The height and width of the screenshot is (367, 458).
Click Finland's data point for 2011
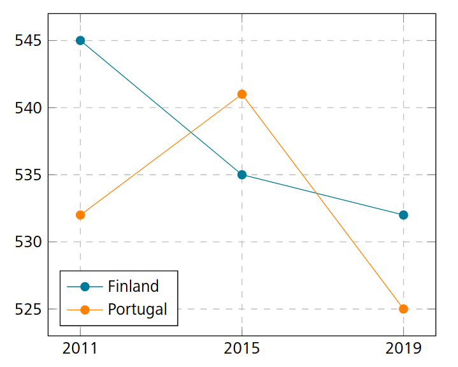[x=80, y=40]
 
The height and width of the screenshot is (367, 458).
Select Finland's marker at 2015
[x=242, y=175]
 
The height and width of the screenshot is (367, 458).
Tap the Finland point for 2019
[x=403, y=215]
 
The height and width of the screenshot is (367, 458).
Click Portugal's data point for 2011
[x=80, y=215]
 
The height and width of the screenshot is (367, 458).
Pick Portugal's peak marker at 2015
[x=242, y=94]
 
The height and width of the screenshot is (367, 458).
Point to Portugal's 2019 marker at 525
[x=403, y=309]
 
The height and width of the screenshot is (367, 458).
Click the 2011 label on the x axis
[x=80, y=348]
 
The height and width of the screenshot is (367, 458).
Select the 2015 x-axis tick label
[x=242, y=348]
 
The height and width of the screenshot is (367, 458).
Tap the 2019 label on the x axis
[x=403, y=348]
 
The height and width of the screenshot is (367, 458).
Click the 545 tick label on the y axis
[x=27, y=41]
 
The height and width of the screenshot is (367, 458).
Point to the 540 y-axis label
[x=27, y=108]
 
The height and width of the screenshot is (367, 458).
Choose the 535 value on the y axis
[x=27, y=175]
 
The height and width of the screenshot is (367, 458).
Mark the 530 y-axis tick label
[x=27, y=242]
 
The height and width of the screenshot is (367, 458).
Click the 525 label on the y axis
[x=27, y=309]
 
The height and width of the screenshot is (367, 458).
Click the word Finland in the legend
[x=133, y=285]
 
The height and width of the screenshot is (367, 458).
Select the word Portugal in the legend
[x=138, y=310]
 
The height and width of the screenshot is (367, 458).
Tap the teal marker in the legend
[x=85, y=285]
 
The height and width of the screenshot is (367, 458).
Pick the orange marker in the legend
[x=85, y=310]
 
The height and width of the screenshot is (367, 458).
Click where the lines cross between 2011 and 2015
[x=191, y=133]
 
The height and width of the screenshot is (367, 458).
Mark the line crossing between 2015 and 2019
[x=316, y=193]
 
